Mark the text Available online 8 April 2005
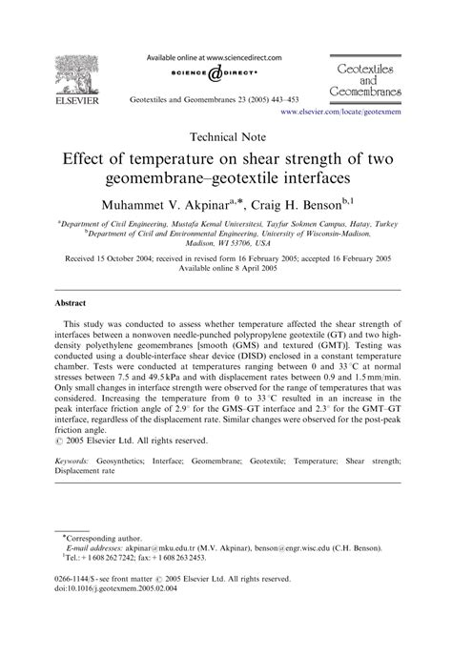[225, 269]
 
